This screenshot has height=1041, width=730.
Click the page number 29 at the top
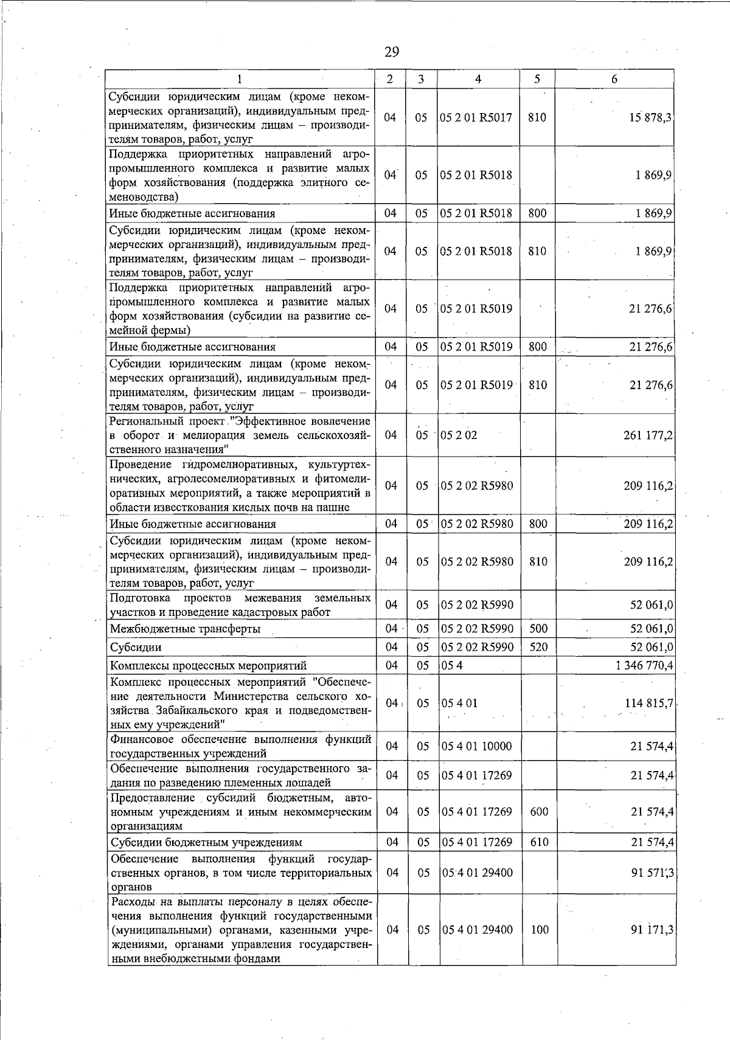[x=392, y=52]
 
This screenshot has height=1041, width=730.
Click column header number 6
[x=614, y=79]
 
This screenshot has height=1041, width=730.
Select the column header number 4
[x=478, y=79]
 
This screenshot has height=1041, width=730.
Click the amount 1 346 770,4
[x=644, y=666]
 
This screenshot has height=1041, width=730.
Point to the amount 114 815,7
[x=648, y=704]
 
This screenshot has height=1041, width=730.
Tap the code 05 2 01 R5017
[x=477, y=118]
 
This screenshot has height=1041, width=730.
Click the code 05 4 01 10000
[x=477, y=747]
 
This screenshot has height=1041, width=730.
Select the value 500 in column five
[x=538, y=629]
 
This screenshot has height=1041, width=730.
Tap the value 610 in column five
[x=539, y=843]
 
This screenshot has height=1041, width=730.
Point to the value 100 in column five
[x=539, y=930]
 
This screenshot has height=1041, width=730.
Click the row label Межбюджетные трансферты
[x=185, y=629]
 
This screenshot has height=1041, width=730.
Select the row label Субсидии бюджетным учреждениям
[x=206, y=843]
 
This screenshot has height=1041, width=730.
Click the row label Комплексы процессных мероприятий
[x=208, y=666]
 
